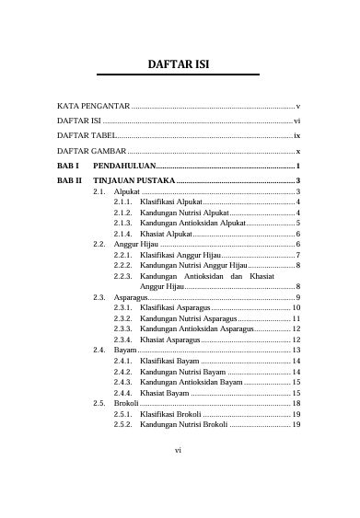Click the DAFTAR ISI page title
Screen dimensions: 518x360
point(180,65)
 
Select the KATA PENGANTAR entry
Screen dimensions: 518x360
point(93,108)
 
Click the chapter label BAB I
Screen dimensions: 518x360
point(68,164)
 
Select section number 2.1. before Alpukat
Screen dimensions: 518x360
point(99,190)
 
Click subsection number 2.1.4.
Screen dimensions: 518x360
point(123,235)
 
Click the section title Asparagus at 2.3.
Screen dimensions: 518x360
point(131,297)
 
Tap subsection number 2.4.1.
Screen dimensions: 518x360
point(123,362)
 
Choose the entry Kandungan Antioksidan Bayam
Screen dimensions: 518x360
point(192,381)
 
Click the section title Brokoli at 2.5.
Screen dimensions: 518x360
point(127,403)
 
